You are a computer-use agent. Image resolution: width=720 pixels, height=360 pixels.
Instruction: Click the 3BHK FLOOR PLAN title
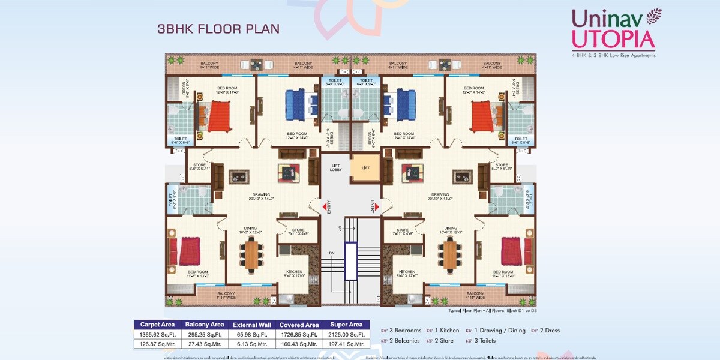pyautogui.click(x=218, y=29)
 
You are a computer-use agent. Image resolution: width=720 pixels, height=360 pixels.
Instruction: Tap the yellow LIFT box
pyautogui.click(x=366, y=168)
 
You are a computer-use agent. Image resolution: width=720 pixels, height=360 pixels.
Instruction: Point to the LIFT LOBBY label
pyautogui.click(x=336, y=168)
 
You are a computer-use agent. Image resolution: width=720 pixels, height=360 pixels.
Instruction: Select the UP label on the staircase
pyautogui.click(x=340, y=229)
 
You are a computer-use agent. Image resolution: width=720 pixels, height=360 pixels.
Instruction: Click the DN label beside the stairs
pyautogui.click(x=332, y=253)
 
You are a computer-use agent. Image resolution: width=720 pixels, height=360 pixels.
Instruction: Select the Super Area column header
pyautogui.click(x=347, y=325)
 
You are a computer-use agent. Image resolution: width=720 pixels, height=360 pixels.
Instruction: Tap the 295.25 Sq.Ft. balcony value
pyautogui.click(x=204, y=334)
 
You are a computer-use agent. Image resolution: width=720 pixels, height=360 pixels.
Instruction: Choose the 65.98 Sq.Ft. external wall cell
pyautogui.click(x=252, y=334)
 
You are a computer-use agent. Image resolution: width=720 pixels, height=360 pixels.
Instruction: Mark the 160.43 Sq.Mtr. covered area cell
pyautogui.click(x=299, y=344)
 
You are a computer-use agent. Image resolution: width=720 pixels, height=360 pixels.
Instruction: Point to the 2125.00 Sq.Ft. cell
pyautogui.click(x=347, y=334)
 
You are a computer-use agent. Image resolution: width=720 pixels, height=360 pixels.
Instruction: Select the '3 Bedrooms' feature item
pyautogui.click(x=406, y=331)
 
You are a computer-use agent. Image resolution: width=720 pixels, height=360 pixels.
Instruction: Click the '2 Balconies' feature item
pyautogui.click(x=406, y=340)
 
